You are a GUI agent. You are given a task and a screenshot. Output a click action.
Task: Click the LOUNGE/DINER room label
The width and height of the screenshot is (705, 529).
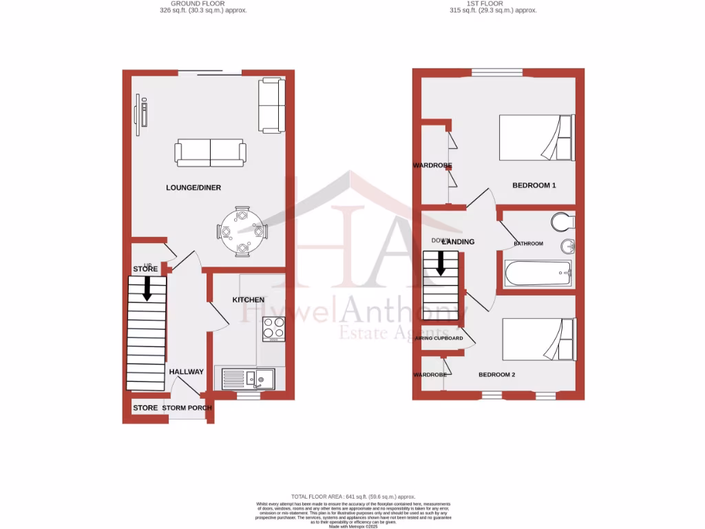pos(193,187)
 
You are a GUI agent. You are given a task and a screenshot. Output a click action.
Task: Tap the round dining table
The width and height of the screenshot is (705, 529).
pos(242,231)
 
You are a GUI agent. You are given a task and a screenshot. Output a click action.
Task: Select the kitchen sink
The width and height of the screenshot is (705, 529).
pos(248,378)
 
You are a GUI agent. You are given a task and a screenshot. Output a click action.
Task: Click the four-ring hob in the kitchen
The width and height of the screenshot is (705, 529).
pos(273,332)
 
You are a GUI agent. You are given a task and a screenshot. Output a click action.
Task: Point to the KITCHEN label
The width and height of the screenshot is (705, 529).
pos(248,300)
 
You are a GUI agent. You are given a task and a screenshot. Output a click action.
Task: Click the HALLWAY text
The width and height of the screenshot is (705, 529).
pos(187,372)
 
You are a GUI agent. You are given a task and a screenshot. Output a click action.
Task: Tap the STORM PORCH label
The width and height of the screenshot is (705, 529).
pos(187,408)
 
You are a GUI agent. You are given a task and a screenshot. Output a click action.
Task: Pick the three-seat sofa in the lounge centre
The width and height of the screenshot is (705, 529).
pos(210,152)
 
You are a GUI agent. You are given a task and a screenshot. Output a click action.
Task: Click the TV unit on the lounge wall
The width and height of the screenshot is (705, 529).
pos(143,114)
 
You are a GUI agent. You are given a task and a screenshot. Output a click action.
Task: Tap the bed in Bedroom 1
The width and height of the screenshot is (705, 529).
pos(536,137)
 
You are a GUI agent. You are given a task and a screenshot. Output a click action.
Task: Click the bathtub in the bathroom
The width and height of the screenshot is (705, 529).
pos(538,274)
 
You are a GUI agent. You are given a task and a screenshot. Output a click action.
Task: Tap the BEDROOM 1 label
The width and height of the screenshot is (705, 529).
pos(534,185)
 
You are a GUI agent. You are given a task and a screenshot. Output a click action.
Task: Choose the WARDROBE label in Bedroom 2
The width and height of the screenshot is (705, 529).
pos(430,375)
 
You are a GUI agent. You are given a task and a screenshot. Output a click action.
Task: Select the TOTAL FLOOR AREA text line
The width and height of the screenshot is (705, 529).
pos(352,497)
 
